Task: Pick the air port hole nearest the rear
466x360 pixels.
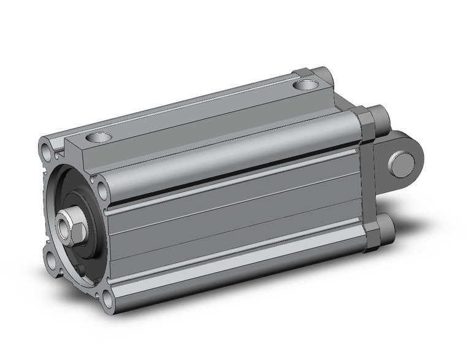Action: (x=304, y=84)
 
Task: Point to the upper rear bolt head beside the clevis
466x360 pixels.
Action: (x=378, y=116)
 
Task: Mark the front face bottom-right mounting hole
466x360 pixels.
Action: (x=108, y=299)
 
